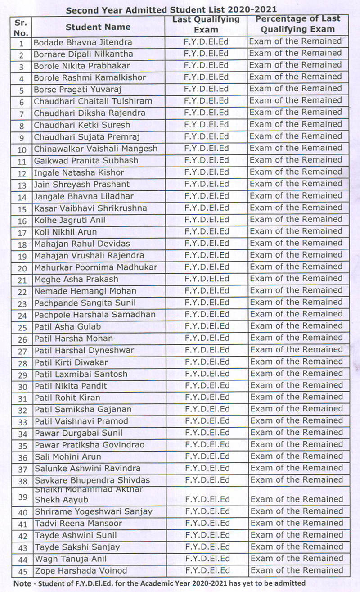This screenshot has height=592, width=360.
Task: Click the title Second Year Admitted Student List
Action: [171, 9]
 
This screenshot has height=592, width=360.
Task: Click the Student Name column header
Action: [98, 27]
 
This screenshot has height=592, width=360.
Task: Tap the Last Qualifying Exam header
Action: [206, 25]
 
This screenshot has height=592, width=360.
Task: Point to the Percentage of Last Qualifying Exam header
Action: [297, 24]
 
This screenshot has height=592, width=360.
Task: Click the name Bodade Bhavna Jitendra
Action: [83, 42]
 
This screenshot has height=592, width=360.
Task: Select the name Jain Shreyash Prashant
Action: [81, 184]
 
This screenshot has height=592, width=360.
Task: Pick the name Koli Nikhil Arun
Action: [66, 232]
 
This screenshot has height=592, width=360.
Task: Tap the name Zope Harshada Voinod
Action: [81, 570]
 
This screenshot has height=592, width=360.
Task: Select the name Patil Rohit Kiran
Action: [67, 398]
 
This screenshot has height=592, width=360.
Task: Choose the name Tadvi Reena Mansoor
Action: [78, 523]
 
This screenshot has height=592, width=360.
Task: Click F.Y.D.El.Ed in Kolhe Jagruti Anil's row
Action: [207, 220]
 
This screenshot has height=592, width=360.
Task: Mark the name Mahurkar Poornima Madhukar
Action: [96, 267]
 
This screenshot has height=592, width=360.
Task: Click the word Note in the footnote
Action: [22, 583]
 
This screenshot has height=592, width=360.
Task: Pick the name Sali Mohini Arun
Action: [68, 456]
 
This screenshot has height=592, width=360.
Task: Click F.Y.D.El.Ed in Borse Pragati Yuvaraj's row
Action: [207, 89]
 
